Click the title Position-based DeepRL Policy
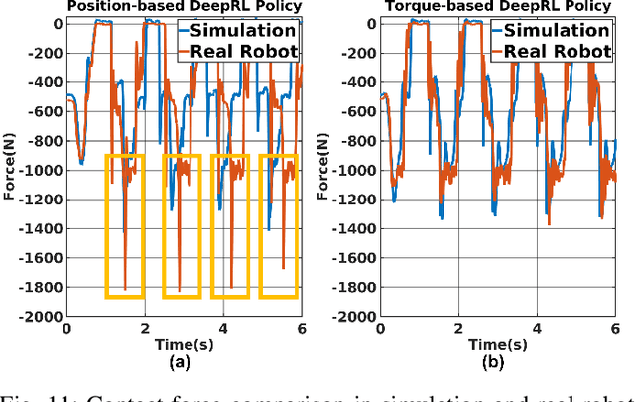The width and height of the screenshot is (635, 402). coord(184,7)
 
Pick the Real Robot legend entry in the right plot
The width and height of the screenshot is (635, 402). coord(562,50)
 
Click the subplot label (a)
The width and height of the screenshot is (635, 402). coord(182,363)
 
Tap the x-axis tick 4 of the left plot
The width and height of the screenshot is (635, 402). coord(222,329)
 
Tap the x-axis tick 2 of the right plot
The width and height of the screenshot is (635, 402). coord(458,329)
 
